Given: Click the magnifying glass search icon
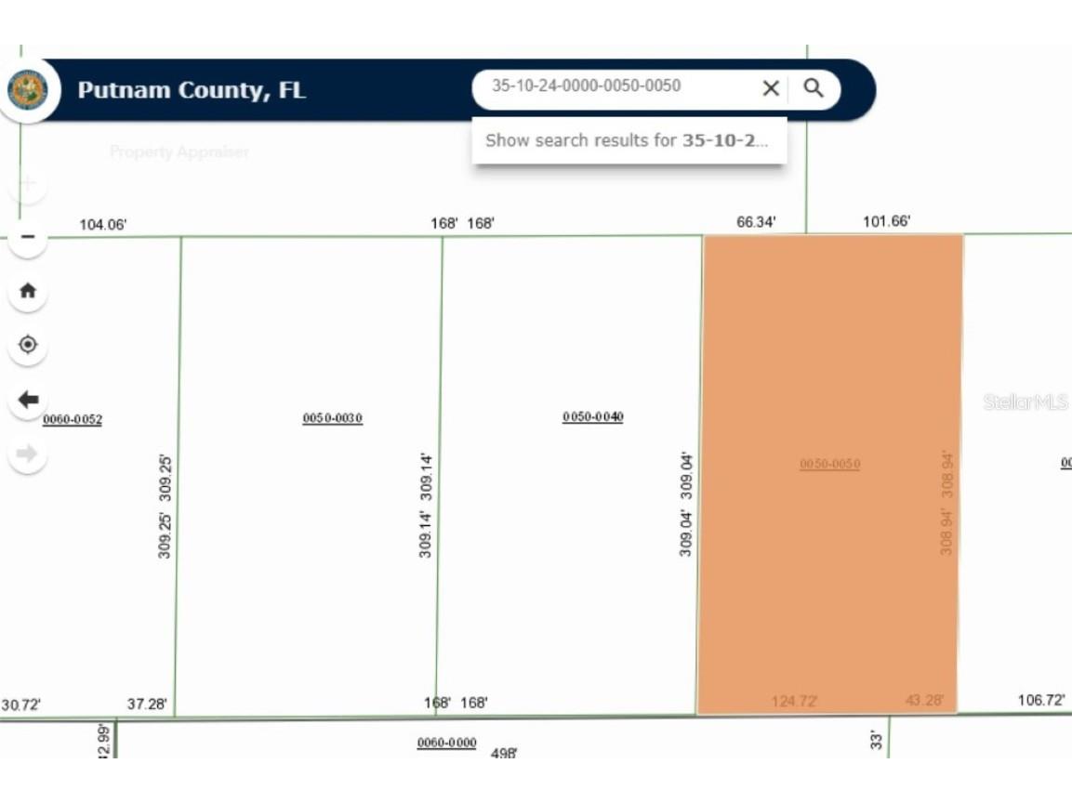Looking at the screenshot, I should point(814,88).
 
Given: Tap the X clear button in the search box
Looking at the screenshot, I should point(771,88).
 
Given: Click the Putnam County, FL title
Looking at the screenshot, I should point(192,90).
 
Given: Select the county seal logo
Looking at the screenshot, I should point(28,90).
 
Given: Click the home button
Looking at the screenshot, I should point(28,291).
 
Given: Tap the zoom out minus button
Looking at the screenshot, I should point(28,237).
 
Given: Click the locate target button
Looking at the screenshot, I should point(28,345).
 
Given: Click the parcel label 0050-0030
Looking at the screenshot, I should point(332,419).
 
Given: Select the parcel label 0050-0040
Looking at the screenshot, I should point(592,417).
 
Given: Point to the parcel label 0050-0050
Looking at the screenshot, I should point(829,464).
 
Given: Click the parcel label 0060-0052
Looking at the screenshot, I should point(73,420).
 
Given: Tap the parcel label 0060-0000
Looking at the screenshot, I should point(446,743).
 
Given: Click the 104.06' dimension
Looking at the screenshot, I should point(102,225).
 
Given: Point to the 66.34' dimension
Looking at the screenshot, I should point(755,222).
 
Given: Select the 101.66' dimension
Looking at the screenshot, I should point(886,222).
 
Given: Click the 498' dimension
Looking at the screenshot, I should point(504,753).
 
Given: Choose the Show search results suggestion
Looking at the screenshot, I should point(628,140).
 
